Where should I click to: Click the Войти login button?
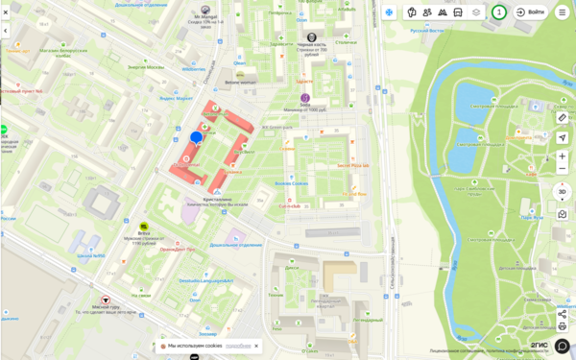click(530, 12)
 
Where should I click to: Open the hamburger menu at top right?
click(563, 12)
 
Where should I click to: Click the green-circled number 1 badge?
click(499, 12)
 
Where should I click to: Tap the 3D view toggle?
click(563, 191)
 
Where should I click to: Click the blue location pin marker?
click(197, 137)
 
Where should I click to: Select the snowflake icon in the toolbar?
click(389, 12)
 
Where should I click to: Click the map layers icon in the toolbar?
click(476, 12)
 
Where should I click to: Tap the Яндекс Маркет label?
click(178, 98)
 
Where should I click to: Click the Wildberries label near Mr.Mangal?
click(195, 69)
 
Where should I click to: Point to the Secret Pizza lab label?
click(353, 165)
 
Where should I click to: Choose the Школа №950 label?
click(91, 256)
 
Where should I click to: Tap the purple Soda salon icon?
click(305, 98)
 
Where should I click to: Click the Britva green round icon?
click(144, 227)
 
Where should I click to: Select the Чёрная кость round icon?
click(312, 36)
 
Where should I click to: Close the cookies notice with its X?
click(256, 346)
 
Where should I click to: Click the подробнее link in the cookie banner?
click(238, 346)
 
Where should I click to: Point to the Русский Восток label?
click(427, 31)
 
